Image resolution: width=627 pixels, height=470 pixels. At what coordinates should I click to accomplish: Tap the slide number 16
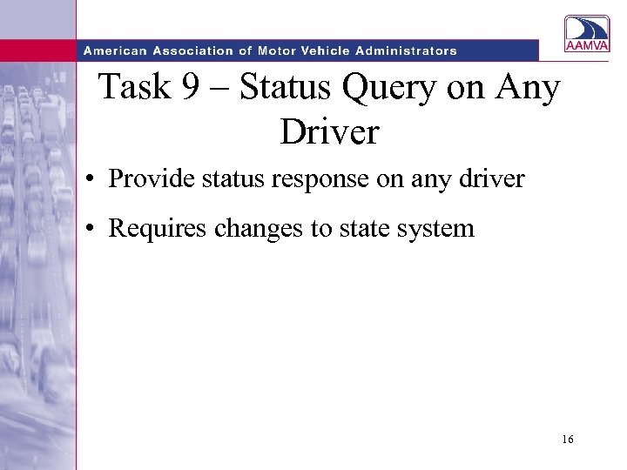click(568, 440)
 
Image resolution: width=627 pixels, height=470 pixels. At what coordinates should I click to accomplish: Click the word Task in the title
click(135, 89)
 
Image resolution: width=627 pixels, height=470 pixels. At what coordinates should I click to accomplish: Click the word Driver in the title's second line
click(330, 132)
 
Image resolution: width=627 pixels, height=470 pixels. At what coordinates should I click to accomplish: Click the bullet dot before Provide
click(91, 181)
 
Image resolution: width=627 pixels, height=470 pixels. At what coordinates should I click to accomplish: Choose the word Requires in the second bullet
click(148, 230)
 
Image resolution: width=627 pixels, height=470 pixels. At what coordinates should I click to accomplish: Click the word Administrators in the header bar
click(405, 50)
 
